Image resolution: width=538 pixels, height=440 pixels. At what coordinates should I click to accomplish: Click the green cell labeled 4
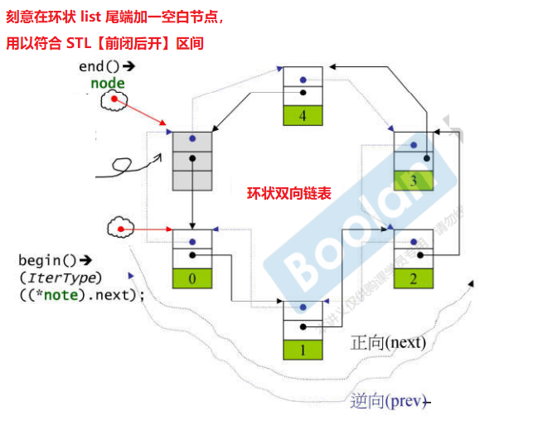point(303,116)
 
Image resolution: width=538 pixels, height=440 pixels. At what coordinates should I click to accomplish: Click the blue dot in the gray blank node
point(192,140)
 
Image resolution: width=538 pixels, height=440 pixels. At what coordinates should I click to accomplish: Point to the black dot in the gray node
point(192,158)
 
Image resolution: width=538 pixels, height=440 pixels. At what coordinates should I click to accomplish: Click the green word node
point(108,83)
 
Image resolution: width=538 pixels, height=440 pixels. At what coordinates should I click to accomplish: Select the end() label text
point(102,66)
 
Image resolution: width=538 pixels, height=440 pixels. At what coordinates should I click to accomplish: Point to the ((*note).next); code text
point(81,294)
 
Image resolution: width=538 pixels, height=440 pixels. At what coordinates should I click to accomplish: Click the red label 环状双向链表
point(289,194)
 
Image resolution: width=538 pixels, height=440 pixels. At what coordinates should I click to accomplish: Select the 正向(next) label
point(388,342)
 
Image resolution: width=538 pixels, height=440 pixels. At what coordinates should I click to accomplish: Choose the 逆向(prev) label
point(386,401)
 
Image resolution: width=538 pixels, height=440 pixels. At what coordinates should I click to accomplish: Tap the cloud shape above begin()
point(120,228)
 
